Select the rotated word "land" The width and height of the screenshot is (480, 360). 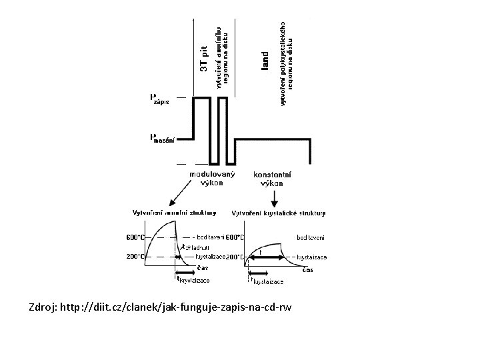coord(265,61)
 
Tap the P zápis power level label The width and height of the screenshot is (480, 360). coord(159,100)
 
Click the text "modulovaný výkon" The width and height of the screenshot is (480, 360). coord(211,178)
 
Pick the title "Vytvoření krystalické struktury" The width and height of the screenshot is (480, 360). coord(279,214)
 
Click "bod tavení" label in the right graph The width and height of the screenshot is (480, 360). coord(310,237)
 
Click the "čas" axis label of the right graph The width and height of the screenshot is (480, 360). coord(308,269)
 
